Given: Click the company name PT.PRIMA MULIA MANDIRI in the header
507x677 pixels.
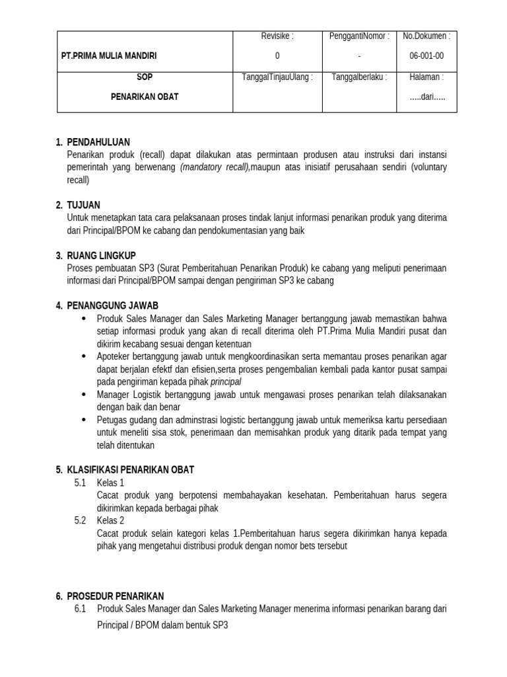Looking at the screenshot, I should (109, 56).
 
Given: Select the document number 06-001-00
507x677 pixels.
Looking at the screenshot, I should (426, 56).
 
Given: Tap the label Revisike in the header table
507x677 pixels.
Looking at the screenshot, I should (277, 36).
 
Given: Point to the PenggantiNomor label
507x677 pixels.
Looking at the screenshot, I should (359, 36).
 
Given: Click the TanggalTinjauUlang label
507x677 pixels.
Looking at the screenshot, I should (277, 77).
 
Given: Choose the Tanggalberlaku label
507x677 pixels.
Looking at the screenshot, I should (359, 77).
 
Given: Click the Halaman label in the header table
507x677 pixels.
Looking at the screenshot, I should (426, 77).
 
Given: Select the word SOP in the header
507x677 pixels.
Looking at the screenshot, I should (145, 77).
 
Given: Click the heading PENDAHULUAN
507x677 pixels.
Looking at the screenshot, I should (98, 142).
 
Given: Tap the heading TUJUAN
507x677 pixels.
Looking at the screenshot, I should (84, 205).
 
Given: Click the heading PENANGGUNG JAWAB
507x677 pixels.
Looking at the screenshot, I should (113, 305).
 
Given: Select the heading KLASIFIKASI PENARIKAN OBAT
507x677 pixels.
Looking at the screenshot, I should (131, 470).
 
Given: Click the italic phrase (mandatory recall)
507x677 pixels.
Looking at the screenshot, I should (215, 167).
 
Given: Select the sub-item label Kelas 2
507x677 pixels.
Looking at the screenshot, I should (110, 520).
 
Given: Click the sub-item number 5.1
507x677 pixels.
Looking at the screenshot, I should (81, 483).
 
